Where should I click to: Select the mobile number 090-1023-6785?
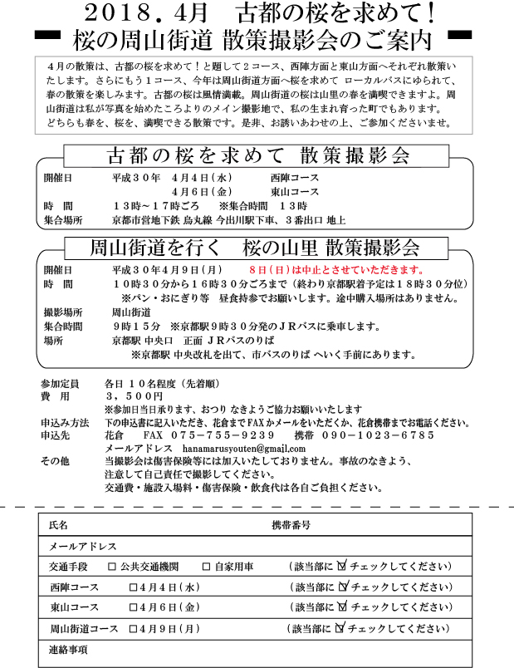377,435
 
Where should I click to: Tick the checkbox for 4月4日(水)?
134,587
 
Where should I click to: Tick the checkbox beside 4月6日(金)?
134,607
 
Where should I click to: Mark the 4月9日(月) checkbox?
134,628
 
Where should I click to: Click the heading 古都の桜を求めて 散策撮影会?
258,156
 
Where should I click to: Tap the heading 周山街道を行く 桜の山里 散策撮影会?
254,248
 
